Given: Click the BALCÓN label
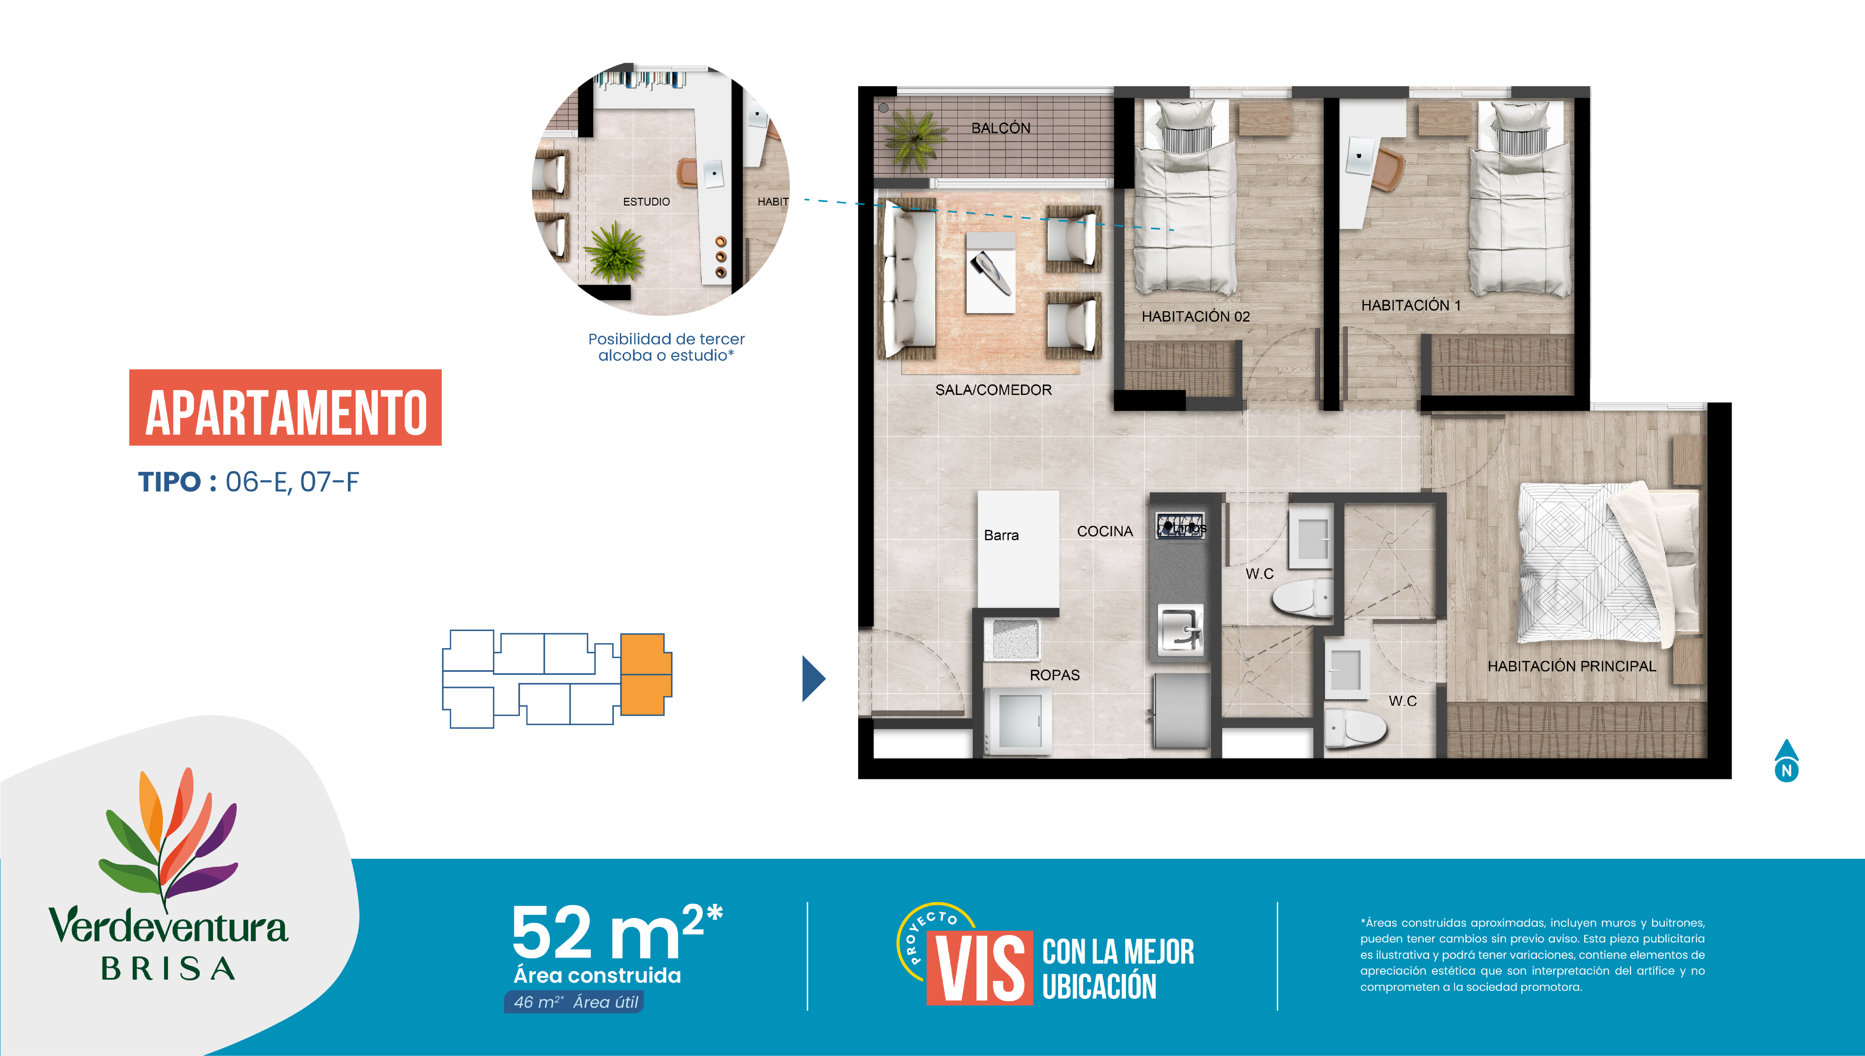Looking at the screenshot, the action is click(1001, 128).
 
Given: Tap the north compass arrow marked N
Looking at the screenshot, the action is click(1787, 760).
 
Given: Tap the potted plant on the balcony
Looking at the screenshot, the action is click(915, 138).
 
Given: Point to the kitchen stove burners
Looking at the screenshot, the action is click(1181, 524).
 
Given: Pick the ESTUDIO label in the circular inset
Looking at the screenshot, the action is click(646, 202).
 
